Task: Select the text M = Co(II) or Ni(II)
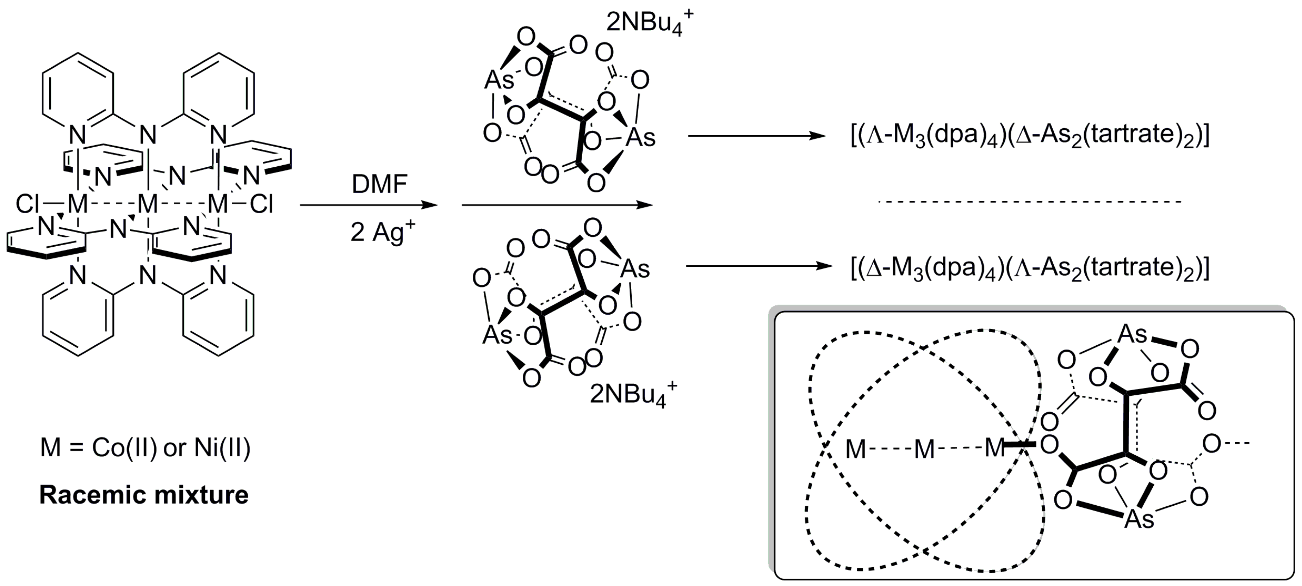(145, 448)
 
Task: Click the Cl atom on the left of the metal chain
(28, 205)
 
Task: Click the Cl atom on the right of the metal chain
(261, 205)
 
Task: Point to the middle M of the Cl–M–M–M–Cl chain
(148, 205)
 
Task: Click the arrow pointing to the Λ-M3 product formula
(757, 136)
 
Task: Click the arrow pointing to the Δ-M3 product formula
(758, 266)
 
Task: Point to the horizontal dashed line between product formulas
(1030, 202)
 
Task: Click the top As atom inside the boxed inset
(1132, 334)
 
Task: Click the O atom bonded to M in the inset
(1050, 445)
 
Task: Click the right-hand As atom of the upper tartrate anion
(640, 137)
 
